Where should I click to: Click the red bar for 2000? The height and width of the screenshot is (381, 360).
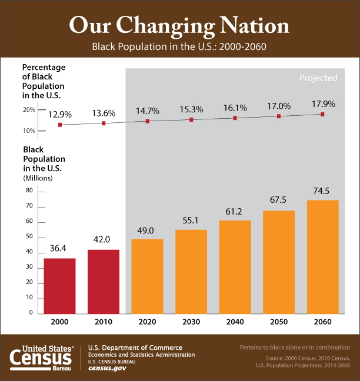point(59,286)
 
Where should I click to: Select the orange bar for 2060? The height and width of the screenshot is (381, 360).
point(323,256)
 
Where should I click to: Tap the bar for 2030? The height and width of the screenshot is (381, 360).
point(191,271)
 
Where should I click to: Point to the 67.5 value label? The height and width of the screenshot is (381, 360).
point(279,200)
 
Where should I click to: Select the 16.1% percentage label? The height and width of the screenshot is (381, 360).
point(235,108)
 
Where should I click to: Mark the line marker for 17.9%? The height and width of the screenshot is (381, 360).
point(322,114)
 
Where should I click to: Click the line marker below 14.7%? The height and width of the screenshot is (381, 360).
point(147,121)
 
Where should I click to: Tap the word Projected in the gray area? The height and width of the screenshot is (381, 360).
point(318,78)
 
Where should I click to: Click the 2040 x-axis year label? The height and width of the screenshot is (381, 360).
point(235,323)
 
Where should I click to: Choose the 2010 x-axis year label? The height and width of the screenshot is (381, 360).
point(103,323)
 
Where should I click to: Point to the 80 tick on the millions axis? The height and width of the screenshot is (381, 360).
point(29,191)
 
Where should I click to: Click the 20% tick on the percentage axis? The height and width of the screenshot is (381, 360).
point(29,110)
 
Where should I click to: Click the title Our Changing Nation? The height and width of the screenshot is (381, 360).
point(179,26)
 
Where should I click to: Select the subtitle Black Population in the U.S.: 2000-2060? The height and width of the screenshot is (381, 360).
point(179,46)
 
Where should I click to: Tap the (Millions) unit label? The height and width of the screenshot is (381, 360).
point(38,177)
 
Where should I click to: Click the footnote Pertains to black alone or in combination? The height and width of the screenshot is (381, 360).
point(295,347)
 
